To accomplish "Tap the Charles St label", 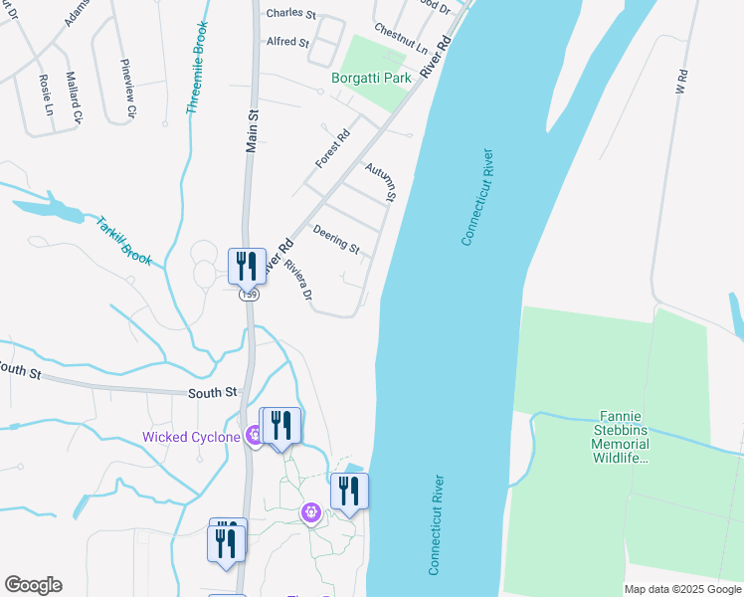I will [290, 15].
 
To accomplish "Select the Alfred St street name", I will [288, 43].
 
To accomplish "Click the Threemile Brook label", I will [200, 68].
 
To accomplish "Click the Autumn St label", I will [381, 182].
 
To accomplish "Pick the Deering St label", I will [336, 239].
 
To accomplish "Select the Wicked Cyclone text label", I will [191, 437].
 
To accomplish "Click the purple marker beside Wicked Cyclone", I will [256, 434].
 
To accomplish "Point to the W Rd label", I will [681, 82].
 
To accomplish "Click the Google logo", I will [33, 585].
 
